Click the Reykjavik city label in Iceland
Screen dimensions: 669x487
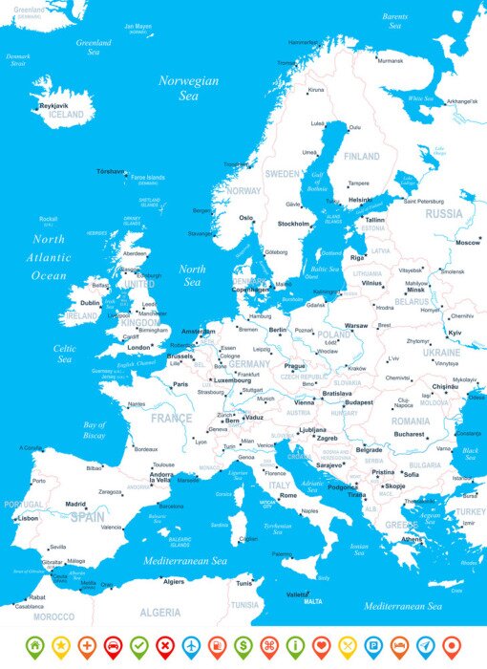click(x=53, y=105)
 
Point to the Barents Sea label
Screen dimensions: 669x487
click(x=394, y=21)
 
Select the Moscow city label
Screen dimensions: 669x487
click(x=467, y=243)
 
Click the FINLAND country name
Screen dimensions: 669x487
click(x=362, y=157)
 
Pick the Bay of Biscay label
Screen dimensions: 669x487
click(x=95, y=430)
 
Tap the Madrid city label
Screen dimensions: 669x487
click(x=76, y=504)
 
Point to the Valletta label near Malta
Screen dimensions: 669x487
click(x=298, y=593)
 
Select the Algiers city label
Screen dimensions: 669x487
click(x=174, y=581)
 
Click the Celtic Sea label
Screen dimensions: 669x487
click(x=65, y=354)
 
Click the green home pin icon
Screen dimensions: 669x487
click(x=34, y=645)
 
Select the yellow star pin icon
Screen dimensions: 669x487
click(x=60, y=645)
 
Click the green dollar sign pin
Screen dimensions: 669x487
click(x=243, y=645)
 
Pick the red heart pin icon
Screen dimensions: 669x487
click(x=321, y=645)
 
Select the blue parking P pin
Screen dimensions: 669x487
click(x=372, y=645)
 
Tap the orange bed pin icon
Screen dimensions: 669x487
click(x=399, y=645)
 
